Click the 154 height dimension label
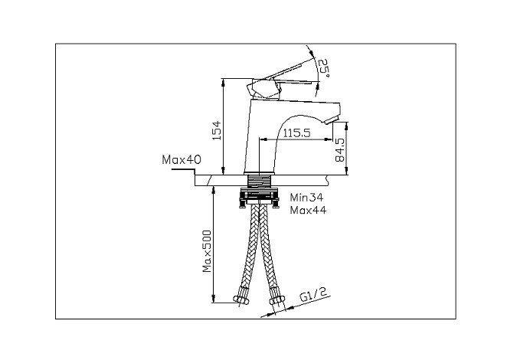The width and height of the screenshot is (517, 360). click(x=217, y=130)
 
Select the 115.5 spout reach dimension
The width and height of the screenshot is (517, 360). click(x=297, y=133)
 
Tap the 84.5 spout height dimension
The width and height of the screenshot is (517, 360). click(x=339, y=150)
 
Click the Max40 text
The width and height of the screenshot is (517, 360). click(x=182, y=160)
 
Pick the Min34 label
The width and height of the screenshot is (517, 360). click(x=306, y=198)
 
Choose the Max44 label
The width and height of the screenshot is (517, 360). click(x=309, y=210)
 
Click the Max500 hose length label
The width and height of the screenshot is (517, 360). click(x=207, y=251)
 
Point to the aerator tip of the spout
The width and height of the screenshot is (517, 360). click(x=333, y=119)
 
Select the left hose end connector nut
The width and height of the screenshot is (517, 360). click(x=241, y=299)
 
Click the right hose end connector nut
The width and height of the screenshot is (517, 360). click(x=276, y=299)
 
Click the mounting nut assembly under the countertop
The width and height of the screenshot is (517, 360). click(x=259, y=197)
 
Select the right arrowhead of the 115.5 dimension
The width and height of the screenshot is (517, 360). click(x=329, y=139)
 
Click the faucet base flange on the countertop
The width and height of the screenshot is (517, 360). click(x=259, y=173)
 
